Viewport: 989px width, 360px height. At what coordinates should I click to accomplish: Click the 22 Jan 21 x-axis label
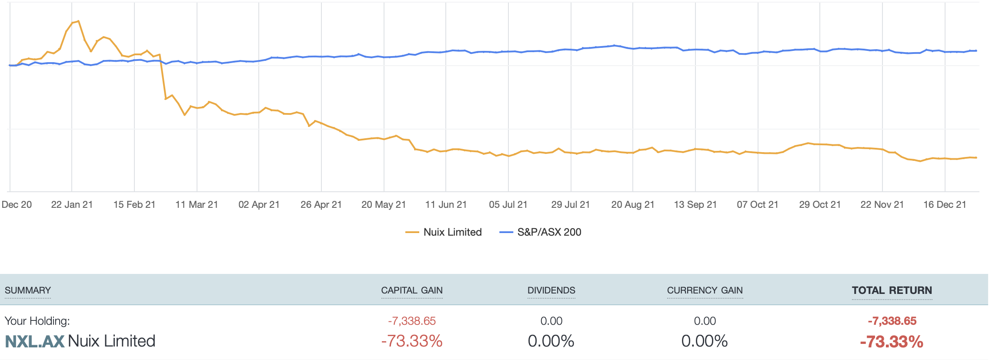(x=72, y=204)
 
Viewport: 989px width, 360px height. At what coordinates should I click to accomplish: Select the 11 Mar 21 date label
(x=197, y=204)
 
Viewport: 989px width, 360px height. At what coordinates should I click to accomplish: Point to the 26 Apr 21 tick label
(x=321, y=204)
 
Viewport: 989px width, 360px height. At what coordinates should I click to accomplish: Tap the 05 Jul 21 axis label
(x=508, y=204)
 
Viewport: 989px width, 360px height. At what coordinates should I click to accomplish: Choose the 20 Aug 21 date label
(x=633, y=204)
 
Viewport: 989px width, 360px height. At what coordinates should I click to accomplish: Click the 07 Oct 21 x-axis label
(x=757, y=204)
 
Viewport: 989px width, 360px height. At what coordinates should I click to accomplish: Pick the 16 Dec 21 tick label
(x=945, y=204)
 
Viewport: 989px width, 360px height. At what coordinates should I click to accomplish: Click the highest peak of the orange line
(x=78, y=21)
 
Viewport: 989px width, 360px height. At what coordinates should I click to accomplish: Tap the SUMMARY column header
(x=28, y=290)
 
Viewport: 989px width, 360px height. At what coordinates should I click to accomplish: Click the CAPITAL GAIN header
(x=411, y=290)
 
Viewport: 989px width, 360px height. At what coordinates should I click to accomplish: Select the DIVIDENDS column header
(x=551, y=290)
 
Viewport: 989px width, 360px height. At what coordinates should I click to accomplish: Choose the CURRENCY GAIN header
(x=705, y=290)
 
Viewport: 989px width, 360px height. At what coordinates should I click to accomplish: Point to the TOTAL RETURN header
(x=892, y=290)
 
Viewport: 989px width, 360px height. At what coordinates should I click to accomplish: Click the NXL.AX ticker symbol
(x=35, y=341)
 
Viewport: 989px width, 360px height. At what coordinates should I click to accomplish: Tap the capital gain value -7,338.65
(x=411, y=321)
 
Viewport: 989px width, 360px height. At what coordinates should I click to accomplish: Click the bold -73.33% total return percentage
(x=892, y=342)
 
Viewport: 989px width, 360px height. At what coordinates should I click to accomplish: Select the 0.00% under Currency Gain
(x=704, y=341)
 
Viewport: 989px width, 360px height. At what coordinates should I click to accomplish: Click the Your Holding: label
(x=37, y=321)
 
